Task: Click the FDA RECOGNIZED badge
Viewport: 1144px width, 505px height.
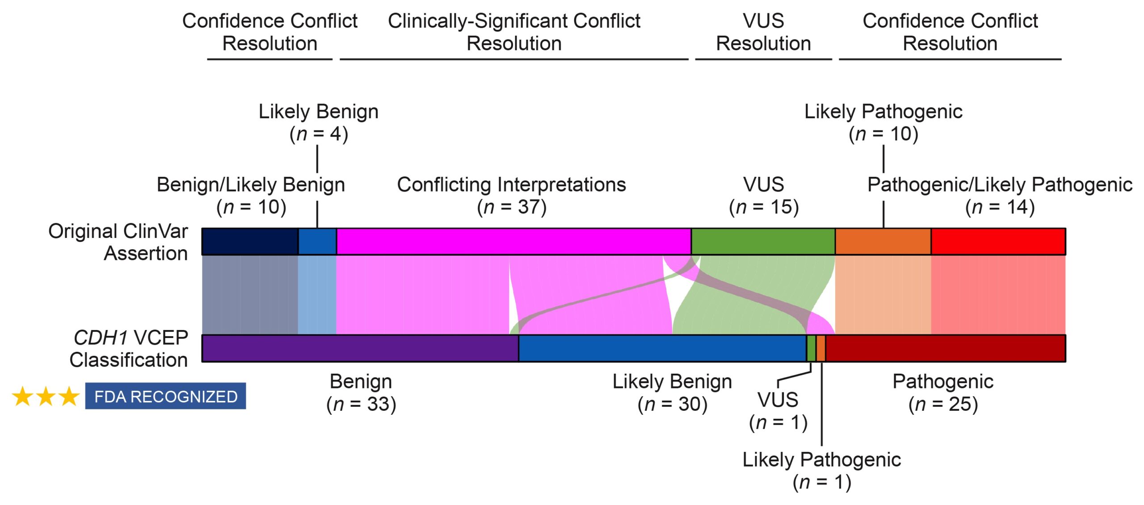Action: (x=165, y=396)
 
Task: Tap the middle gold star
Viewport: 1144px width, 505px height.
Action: (x=46, y=396)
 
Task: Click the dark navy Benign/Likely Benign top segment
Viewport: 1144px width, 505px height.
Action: (x=250, y=242)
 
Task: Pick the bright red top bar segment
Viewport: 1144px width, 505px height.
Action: (x=998, y=242)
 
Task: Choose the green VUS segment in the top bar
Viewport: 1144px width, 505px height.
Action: (x=763, y=242)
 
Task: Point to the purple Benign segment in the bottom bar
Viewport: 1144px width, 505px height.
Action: (x=360, y=348)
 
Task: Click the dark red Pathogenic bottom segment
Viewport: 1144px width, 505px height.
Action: (x=945, y=348)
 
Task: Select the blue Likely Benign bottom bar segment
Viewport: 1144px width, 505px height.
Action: (x=662, y=348)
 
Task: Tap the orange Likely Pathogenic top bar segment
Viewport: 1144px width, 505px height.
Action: (x=883, y=242)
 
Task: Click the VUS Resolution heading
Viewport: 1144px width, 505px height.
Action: (x=763, y=32)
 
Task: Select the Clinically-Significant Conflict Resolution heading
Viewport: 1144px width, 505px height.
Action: (x=514, y=32)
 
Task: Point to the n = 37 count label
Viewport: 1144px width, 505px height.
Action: (x=512, y=207)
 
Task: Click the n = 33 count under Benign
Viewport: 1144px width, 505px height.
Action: (x=361, y=405)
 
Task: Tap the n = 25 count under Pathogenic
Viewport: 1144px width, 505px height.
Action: (x=943, y=405)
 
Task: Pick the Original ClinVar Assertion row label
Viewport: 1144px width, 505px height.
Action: (x=118, y=242)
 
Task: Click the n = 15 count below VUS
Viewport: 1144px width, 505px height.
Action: (x=764, y=207)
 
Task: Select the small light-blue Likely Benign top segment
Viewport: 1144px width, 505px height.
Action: (x=317, y=242)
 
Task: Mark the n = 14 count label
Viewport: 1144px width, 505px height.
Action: (x=1000, y=207)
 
